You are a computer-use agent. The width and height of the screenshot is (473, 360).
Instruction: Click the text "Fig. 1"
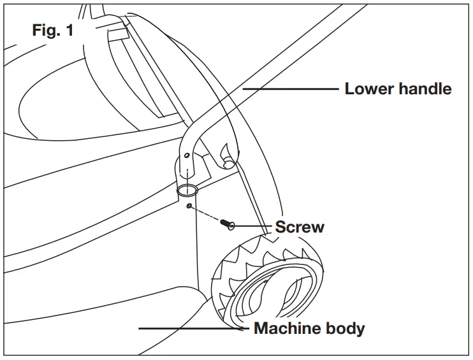[x=52, y=31]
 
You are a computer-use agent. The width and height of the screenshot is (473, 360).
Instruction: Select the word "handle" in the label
[x=425, y=89]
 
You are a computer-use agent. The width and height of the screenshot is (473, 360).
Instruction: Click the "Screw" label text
[x=300, y=227]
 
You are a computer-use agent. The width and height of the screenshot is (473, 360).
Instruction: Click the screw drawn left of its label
[x=227, y=224]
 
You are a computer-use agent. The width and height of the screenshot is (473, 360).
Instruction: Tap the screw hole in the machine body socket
[x=190, y=206]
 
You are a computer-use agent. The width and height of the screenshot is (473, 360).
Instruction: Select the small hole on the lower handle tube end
[x=186, y=155]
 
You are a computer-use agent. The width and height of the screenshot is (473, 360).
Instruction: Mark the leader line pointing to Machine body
[x=191, y=329]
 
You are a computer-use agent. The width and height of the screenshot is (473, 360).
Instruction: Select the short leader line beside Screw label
[x=254, y=226]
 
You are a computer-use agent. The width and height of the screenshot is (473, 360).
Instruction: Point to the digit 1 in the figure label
[x=68, y=31]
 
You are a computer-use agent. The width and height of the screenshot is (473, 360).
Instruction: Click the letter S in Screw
[x=280, y=227]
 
